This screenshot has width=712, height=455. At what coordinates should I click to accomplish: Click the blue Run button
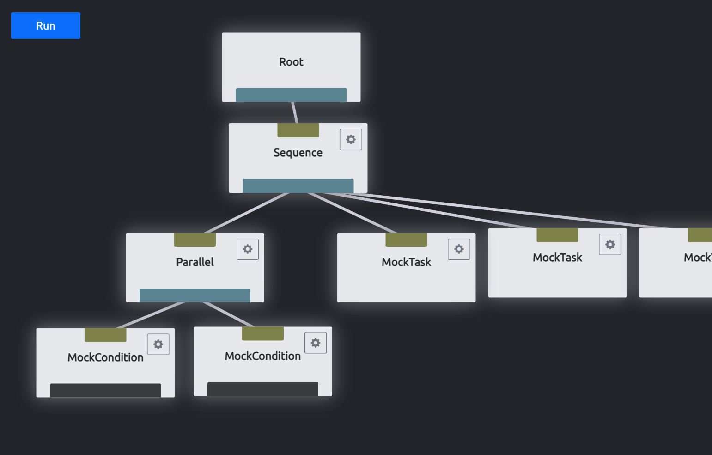(x=45, y=26)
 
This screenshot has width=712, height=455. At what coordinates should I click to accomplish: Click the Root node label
(x=291, y=62)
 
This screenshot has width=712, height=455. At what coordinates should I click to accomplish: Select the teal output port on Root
(x=291, y=95)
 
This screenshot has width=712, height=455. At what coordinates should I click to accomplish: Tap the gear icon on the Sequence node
(x=351, y=140)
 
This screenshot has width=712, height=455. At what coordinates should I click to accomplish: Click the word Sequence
(x=298, y=153)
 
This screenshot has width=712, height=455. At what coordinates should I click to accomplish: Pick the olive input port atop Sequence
(x=298, y=130)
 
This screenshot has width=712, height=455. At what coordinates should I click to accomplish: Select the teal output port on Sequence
(x=298, y=185)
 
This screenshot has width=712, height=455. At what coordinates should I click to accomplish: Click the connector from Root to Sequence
(x=295, y=113)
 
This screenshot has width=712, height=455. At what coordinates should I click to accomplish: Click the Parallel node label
(x=195, y=262)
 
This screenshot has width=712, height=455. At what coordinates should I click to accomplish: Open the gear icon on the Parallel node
(x=248, y=249)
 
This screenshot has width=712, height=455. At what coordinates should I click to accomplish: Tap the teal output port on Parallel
(x=195, y=295)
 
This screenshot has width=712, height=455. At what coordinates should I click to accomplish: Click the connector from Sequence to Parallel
(x=247, y=213)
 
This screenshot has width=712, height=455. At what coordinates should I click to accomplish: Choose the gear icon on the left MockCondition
(x=158, y=344)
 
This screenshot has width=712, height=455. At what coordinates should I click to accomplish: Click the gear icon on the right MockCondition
(x=316, y=343)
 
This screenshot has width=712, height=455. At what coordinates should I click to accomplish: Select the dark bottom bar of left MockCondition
(x=105, y=390)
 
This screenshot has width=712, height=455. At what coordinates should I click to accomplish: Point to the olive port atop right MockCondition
(x=262, y=333)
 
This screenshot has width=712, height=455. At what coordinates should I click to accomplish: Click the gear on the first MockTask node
(x=459, y=249)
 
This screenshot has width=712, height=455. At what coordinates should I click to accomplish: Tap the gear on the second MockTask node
(x=610, y=245)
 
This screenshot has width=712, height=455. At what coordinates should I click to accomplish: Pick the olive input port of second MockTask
(x=557, y=235)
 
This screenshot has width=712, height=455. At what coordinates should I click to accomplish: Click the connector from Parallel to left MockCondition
(x=150, y=315)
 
